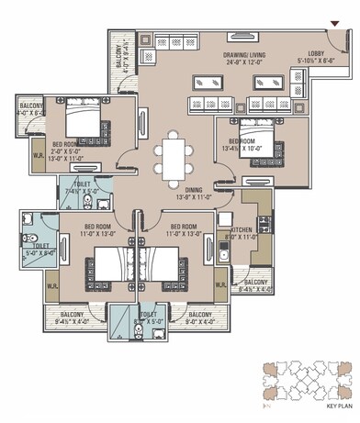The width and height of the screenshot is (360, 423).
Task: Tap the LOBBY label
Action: click(316, 53)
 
